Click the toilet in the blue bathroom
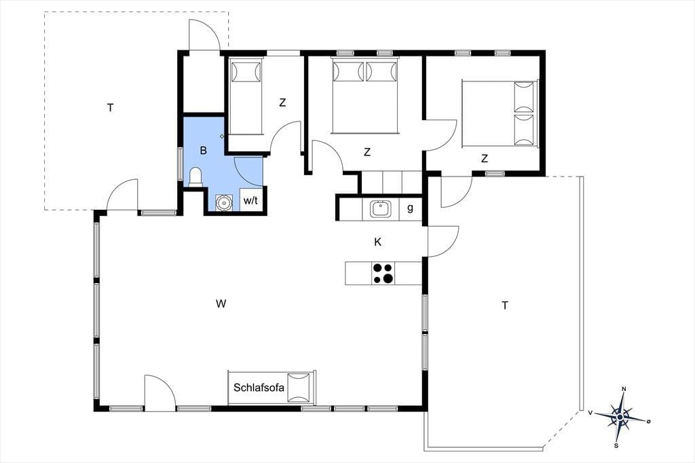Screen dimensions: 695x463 coord(195,177)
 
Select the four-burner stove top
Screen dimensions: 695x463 coord(383,273)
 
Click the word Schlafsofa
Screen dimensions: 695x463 coord(259,388)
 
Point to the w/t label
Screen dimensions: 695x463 coord(250,200)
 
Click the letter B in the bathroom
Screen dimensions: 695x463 coord(204,150)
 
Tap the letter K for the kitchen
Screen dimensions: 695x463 coord(377,242)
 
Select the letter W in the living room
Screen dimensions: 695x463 coord(221,303)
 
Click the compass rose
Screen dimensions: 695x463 coord(620,417)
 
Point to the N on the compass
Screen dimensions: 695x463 coord(624,390)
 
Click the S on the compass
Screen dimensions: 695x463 coord(616,446)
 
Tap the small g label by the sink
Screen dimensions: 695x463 coord(410,208)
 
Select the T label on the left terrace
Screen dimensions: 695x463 coord(110,107)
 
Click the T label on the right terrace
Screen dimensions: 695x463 coord(504,305)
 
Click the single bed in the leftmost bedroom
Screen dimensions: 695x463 coord(246,97)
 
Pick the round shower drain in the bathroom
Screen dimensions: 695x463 coord(224,203)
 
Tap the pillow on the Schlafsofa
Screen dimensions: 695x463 coord(299,388)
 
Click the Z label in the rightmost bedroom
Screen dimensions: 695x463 coord(485,158)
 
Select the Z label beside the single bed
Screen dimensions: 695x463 coord(282,103)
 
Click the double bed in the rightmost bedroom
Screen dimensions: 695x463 coord(500,113)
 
